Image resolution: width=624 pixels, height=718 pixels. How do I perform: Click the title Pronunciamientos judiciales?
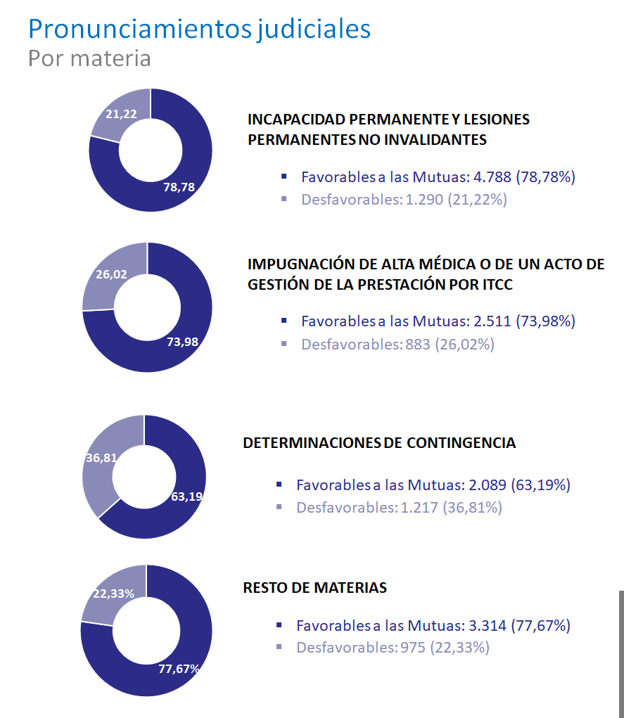[x=199, y=29]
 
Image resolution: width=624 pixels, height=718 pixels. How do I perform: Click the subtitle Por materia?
[x=89, y=58]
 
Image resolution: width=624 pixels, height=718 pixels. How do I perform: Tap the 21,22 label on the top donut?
[x=121, y=114]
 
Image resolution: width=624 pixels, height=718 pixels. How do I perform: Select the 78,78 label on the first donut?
[x=179, y=187]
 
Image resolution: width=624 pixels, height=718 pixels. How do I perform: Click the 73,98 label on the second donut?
[x=183, y=342]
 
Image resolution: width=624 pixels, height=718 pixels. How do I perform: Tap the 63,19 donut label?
[x=187, y=496]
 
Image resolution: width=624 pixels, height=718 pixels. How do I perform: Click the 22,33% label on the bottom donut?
[x=113, y=594]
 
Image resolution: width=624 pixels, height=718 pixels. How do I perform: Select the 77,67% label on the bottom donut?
[x=179, y=669]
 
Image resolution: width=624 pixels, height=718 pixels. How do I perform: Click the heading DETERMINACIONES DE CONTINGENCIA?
[x=379, y=443]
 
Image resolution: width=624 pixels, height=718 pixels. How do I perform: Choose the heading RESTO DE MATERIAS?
[x=314, y=587]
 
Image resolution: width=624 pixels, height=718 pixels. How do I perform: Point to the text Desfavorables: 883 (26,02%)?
[x=397, y=345]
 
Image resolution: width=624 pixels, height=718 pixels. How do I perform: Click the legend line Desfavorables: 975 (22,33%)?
[x=393, y=647]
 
